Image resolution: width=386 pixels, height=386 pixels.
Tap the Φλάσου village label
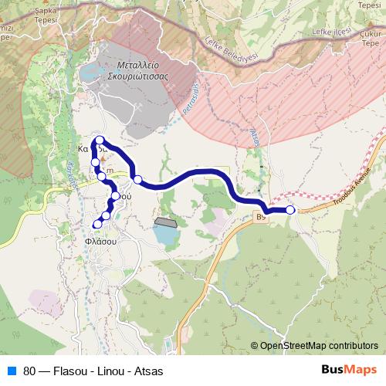(100, 241)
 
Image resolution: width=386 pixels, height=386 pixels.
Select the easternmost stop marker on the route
(290, 210)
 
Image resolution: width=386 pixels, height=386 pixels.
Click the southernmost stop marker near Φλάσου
(98, 224)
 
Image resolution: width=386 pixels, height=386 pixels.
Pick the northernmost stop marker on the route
(100, 140)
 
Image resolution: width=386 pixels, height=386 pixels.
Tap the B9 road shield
(260, 219)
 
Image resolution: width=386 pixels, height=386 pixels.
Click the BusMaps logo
(350, 371)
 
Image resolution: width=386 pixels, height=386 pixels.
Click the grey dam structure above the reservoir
(165, 222)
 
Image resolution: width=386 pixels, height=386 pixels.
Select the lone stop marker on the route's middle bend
(137, 180)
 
